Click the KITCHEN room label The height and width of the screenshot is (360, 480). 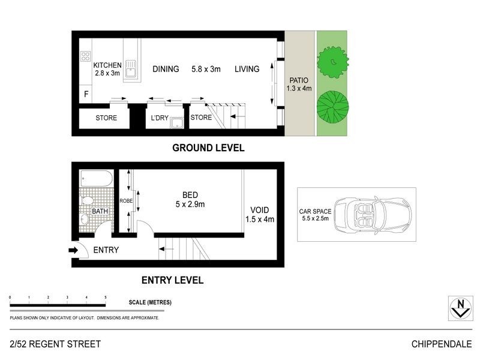(108, 65)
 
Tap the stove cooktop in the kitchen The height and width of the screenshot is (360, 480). (85, 56)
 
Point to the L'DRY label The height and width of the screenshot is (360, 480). (160, 118)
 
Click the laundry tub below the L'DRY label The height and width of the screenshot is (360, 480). (176, 124)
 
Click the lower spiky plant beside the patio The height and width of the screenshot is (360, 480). (332, 105)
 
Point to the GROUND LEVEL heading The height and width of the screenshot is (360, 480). (208, 148)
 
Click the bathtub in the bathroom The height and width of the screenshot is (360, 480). (96, 179)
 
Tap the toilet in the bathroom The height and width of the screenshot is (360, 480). (85, 200)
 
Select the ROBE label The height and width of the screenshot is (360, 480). (126, 201)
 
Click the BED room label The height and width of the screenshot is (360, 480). (190, 194)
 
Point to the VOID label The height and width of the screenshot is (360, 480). (260, 210)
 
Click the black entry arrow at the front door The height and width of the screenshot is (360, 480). (73, 250)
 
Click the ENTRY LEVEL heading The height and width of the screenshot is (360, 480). (172, 280)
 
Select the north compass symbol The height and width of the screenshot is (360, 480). (460, 307)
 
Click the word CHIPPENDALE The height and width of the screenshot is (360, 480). (441, 344)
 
